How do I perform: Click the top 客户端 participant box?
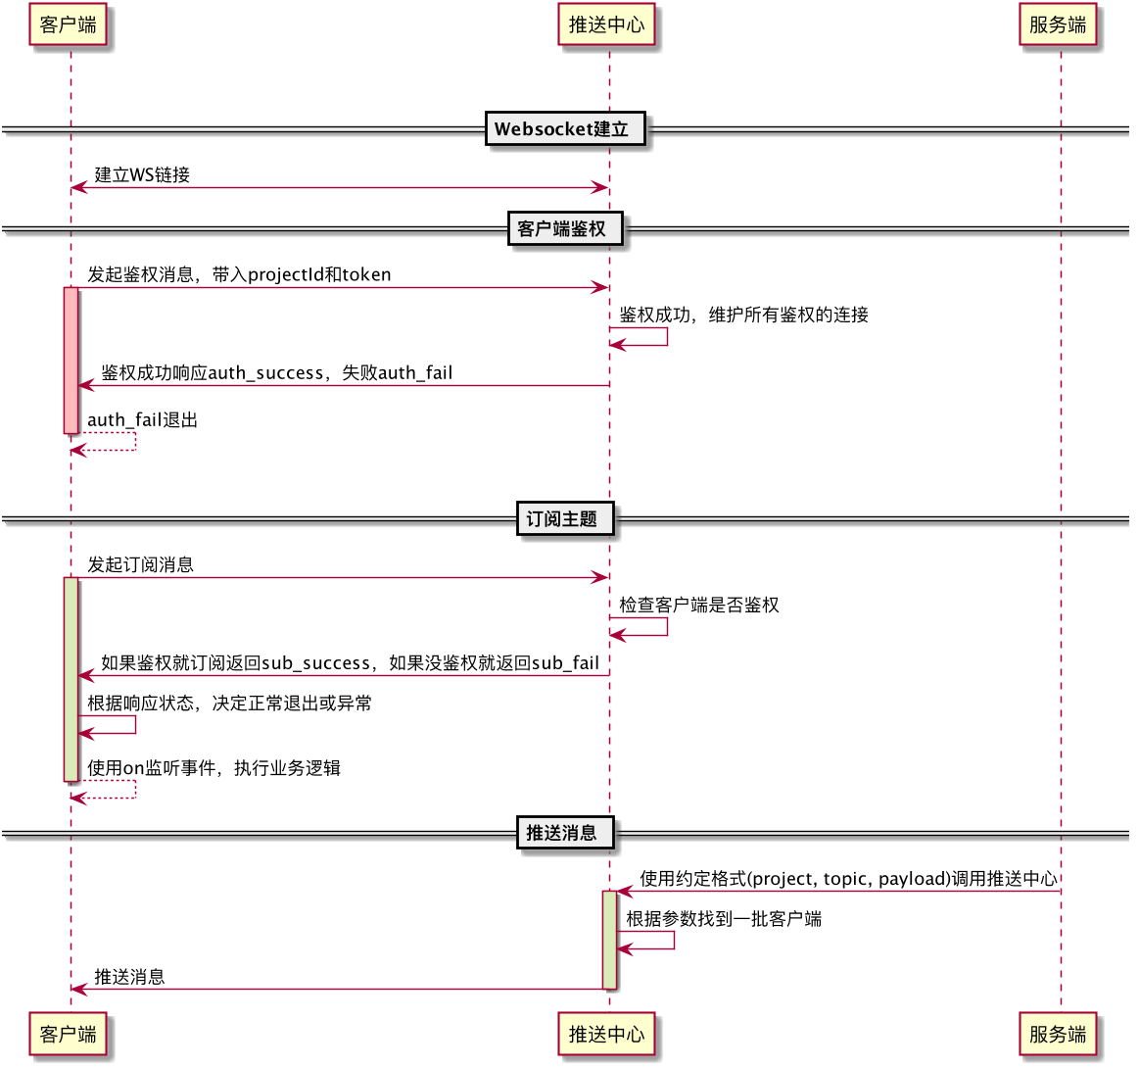tap(69, 24)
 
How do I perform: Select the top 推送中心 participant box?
tap(606, 24)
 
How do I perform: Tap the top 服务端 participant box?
tap(1058, 24)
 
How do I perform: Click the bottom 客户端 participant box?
tap(69, 1034)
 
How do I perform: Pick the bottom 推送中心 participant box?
tap(606, 1034)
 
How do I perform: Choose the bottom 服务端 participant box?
tap(1058, 1034)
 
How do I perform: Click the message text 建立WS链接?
tap(142, 175)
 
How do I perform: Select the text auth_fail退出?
tap(143, 420)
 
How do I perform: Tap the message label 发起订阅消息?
tap(140, 565)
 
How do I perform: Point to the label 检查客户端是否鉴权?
tap(698, 606)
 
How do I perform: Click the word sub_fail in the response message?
tap(565, 663)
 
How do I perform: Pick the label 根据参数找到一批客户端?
tap(724, 919)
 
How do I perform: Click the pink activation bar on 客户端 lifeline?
tap(71, 360)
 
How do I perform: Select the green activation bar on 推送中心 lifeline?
tap(609, 939)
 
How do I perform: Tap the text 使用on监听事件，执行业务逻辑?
tap(214, 768)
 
